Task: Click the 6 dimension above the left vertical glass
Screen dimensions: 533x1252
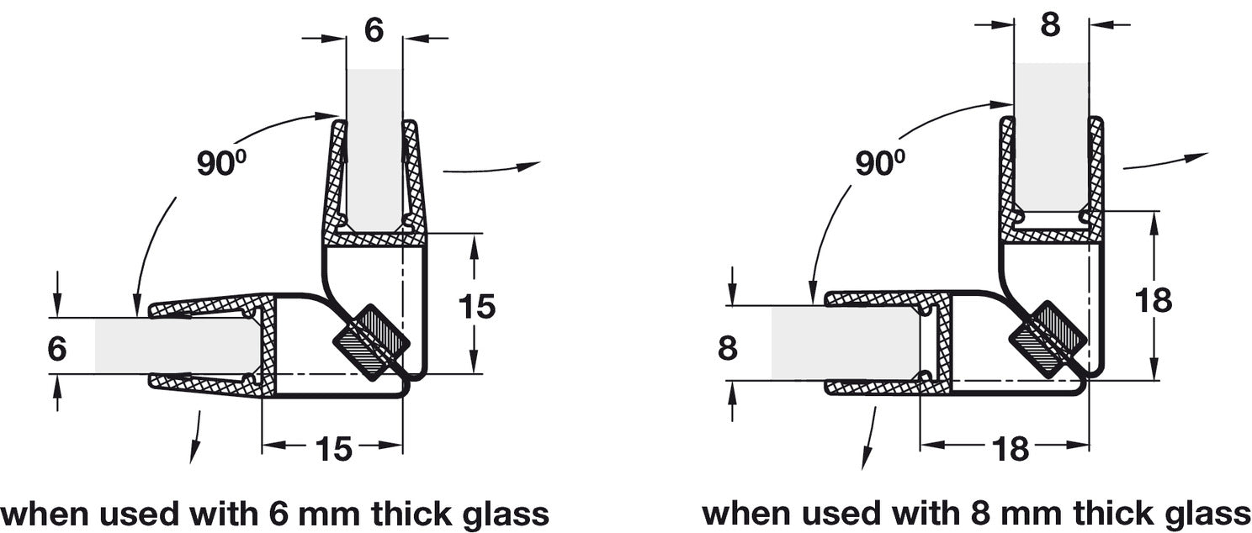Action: click(x=374, y=30)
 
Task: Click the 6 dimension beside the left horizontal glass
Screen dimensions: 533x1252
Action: click(x=56, y=346)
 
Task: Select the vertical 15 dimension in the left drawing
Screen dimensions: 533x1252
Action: click(x=477, y=306)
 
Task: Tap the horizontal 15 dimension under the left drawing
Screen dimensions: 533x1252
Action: click(x=334, y=449)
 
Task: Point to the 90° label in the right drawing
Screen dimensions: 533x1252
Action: click(x=879, y=162)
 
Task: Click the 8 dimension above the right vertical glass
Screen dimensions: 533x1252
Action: click(x=1050, y=24)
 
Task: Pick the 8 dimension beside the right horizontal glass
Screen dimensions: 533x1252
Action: click(x=728, y=346)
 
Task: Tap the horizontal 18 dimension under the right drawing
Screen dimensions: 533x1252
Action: click(x=1011, y=449)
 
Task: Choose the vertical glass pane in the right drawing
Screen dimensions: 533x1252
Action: click(x=1051, y=135)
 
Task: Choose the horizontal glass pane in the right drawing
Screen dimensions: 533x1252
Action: click(x=841, y=343)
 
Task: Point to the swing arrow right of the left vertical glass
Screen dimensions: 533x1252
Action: click(x=491, y=168)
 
